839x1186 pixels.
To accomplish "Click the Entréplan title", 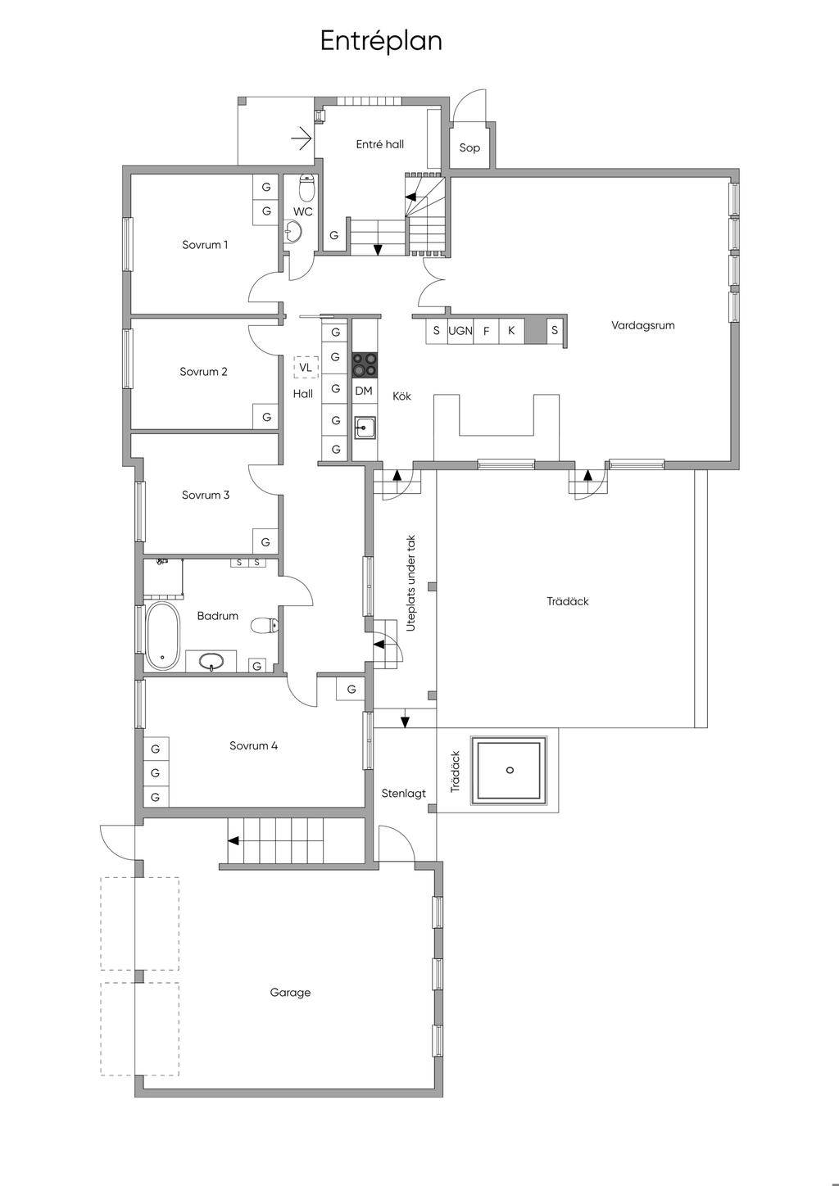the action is [381, 41].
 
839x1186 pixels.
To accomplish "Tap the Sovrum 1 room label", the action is [205, 245].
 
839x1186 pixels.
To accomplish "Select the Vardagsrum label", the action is [643, 325].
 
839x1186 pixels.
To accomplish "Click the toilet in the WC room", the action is [306, 186].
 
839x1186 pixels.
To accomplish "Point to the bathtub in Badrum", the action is [162, 636].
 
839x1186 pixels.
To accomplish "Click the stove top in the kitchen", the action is [365, 364].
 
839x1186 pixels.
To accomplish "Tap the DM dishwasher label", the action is [364, 391].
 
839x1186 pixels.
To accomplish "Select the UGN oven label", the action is [460, 331].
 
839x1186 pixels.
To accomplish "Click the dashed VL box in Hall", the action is [306, 367].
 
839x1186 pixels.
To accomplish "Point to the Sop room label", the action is [469, 147].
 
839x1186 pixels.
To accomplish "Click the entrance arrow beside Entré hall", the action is [302, 138].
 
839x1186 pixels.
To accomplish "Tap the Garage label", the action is [290, 992].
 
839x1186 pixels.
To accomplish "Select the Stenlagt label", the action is [404, 793].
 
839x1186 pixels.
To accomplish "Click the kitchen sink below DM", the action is [365, 428].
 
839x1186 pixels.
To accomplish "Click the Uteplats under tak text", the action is [411, 583].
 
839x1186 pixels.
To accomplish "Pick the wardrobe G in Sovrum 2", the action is [266, 417].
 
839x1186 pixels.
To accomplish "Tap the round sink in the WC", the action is [293, 231].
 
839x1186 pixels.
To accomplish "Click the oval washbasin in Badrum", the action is [211, 661].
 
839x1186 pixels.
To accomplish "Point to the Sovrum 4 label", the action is [253, 745].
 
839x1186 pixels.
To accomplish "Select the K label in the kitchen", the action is [511, 330].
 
